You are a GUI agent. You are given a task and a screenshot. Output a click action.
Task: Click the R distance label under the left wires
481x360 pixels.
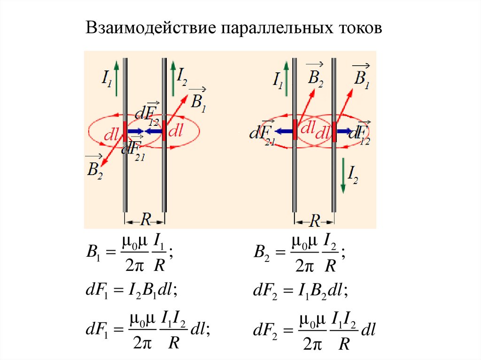pyautogui.click(x=146, y=219)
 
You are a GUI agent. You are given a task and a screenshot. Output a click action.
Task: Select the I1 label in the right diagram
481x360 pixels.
pyautogui.click(x=278, y=80)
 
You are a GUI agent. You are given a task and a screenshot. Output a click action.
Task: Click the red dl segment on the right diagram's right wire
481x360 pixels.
pyautogui.click(x=334, y=131)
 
